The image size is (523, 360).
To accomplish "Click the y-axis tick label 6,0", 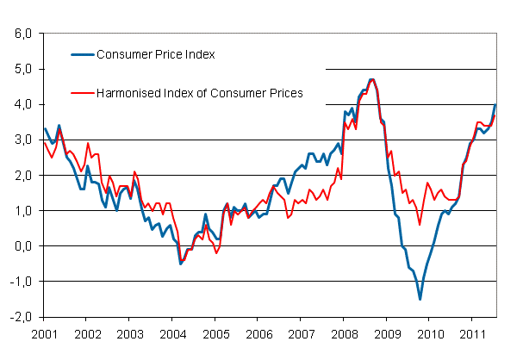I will point(22,34).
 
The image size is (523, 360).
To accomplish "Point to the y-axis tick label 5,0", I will point(22,69).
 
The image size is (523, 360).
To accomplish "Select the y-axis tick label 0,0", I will point(22,245).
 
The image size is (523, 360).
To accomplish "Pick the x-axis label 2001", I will point(45,332).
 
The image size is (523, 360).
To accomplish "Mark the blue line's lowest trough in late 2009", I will point(420,299).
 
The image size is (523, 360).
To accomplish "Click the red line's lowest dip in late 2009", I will point(420,225).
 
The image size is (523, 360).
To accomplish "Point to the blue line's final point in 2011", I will point(495,104).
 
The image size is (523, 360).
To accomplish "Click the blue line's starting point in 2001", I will point(45,129).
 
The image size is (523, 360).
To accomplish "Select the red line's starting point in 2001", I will point(45,143).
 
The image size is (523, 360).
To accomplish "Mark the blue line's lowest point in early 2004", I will point(180,264).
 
